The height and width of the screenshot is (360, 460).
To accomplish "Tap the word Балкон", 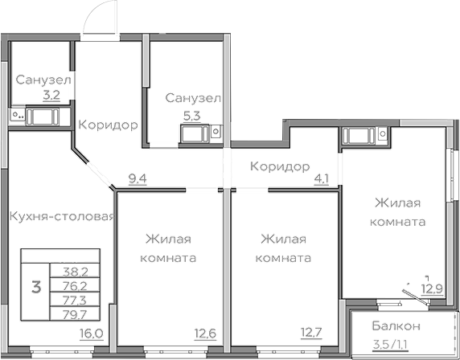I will pos(396,326).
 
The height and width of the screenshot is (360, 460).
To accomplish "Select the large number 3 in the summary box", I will pos(35,287).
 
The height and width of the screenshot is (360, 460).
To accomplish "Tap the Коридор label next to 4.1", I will pos(279,166).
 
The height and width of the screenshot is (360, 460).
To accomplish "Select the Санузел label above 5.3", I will pos(193,97).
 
